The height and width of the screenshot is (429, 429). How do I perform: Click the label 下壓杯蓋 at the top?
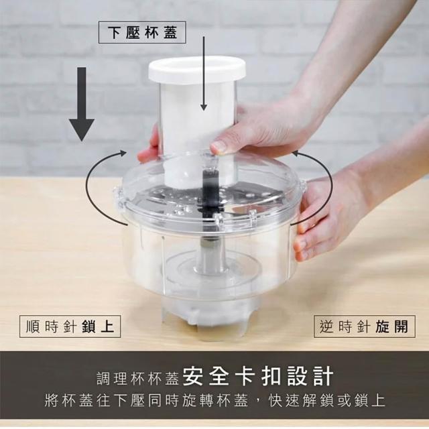[x=142, y=32]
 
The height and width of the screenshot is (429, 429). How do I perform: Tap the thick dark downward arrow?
[x=82, y=104]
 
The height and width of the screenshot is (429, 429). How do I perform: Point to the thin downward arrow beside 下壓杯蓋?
[x=203, y=73]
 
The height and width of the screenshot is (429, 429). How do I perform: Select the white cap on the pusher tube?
[x=196, y=70]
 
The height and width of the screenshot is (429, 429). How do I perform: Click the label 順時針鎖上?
[x=70, y=326]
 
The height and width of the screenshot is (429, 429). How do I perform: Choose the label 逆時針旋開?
[x=364, y=326]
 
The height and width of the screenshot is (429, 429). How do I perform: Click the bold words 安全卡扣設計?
[x=257, y=377]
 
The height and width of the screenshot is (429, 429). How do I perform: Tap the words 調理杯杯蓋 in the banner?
[x=138, y=378]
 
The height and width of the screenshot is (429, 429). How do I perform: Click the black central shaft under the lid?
[x=210, y=192]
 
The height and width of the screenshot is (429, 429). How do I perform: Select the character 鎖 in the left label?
[x=88, y=326]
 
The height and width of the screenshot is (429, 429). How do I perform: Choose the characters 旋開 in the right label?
[x=391, y=326]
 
